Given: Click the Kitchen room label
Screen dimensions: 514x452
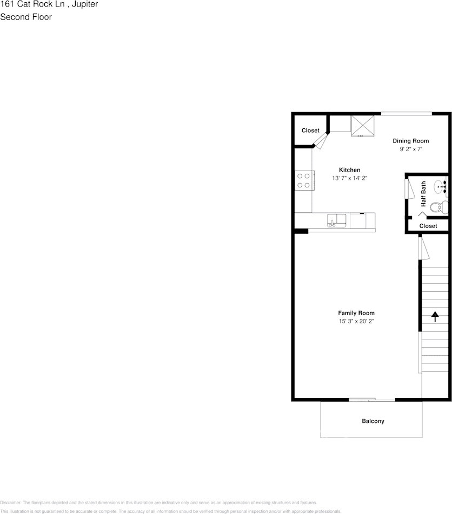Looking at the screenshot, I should (x=349, y=170).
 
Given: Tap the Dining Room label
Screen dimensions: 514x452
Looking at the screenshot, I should (x=410, y=141).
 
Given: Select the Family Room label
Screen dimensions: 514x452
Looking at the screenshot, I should (x=356, y=313).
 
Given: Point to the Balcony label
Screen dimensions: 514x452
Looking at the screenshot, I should (x=373, y=421).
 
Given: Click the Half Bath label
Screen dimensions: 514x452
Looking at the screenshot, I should (x=423, y=194).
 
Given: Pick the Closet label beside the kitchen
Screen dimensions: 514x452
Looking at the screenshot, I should (x=310, y=131).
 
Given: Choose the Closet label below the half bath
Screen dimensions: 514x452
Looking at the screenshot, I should (x=428, y=226).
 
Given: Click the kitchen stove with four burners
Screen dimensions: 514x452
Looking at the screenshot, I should (x=304, y=180).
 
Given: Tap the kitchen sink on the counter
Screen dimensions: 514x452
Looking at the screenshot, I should (x=336, y=220).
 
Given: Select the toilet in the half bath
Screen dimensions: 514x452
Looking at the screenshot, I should (x=438, y=206).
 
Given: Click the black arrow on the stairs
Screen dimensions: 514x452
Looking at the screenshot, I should (x=435, y=316).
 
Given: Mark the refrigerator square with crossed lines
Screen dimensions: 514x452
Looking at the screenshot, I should (x=363, y=126).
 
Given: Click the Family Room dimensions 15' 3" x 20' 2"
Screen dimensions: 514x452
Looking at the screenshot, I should (x=356, y=322).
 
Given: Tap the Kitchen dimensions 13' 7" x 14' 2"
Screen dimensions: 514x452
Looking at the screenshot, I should (x=349, y=178).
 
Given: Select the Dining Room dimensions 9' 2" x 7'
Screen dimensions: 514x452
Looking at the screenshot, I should (x=410, y=149).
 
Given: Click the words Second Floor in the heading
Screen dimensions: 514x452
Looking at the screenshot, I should (x=26, y=17).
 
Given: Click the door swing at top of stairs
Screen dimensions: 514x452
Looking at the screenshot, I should (x=423, y=249).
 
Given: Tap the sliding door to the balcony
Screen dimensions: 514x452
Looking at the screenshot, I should (x=371, y=400).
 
